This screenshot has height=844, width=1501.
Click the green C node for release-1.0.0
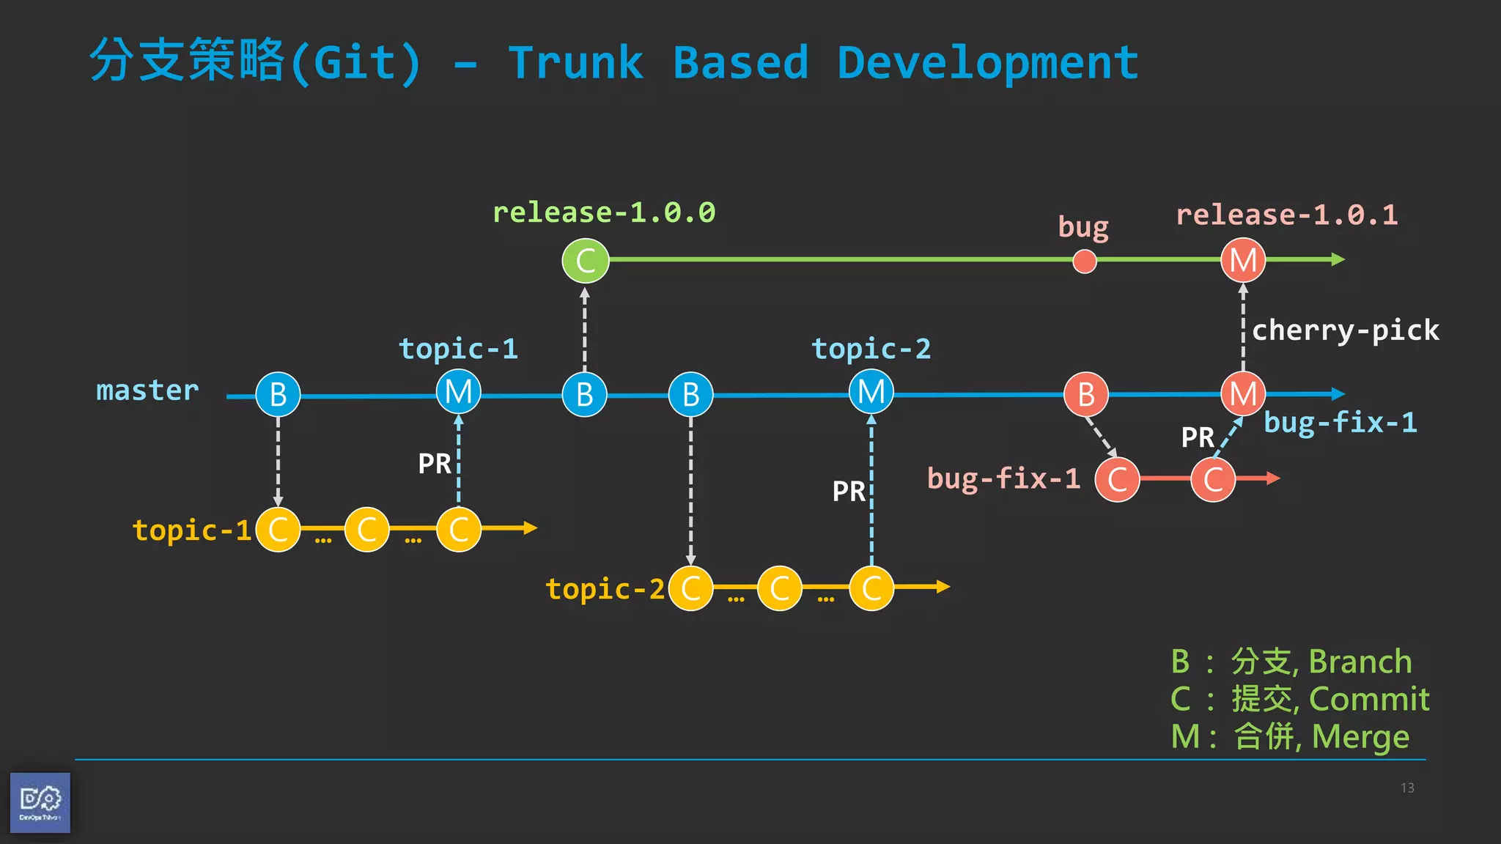coord(585,261)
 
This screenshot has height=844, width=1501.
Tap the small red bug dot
coord(1084,261)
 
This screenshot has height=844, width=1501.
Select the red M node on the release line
coord(1243,261)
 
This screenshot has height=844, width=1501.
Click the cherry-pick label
coord(1345,330)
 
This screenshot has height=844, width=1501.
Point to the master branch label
coord(147,390)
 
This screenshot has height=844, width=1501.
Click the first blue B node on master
coord(278,395)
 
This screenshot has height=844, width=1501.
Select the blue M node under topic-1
coord(458,392)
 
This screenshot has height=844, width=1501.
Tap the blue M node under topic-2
coord(871,392)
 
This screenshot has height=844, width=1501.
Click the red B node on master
coord(1086,395)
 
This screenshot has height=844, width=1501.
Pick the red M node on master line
coord(1243,394)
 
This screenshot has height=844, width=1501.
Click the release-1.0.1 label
coord(1286,215)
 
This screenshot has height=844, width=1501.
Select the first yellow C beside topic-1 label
coord(278,530)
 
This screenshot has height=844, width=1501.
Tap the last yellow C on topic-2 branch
coord(871,588)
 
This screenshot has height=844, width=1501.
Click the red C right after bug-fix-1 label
coord(1117,480)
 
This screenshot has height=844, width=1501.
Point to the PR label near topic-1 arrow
coord(435,464)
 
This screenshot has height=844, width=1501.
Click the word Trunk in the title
coord(575,63)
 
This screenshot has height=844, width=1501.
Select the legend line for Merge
coord(1290,736)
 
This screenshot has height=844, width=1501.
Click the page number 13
coord(1406,788)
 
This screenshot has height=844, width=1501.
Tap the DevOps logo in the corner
coord(40,802)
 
